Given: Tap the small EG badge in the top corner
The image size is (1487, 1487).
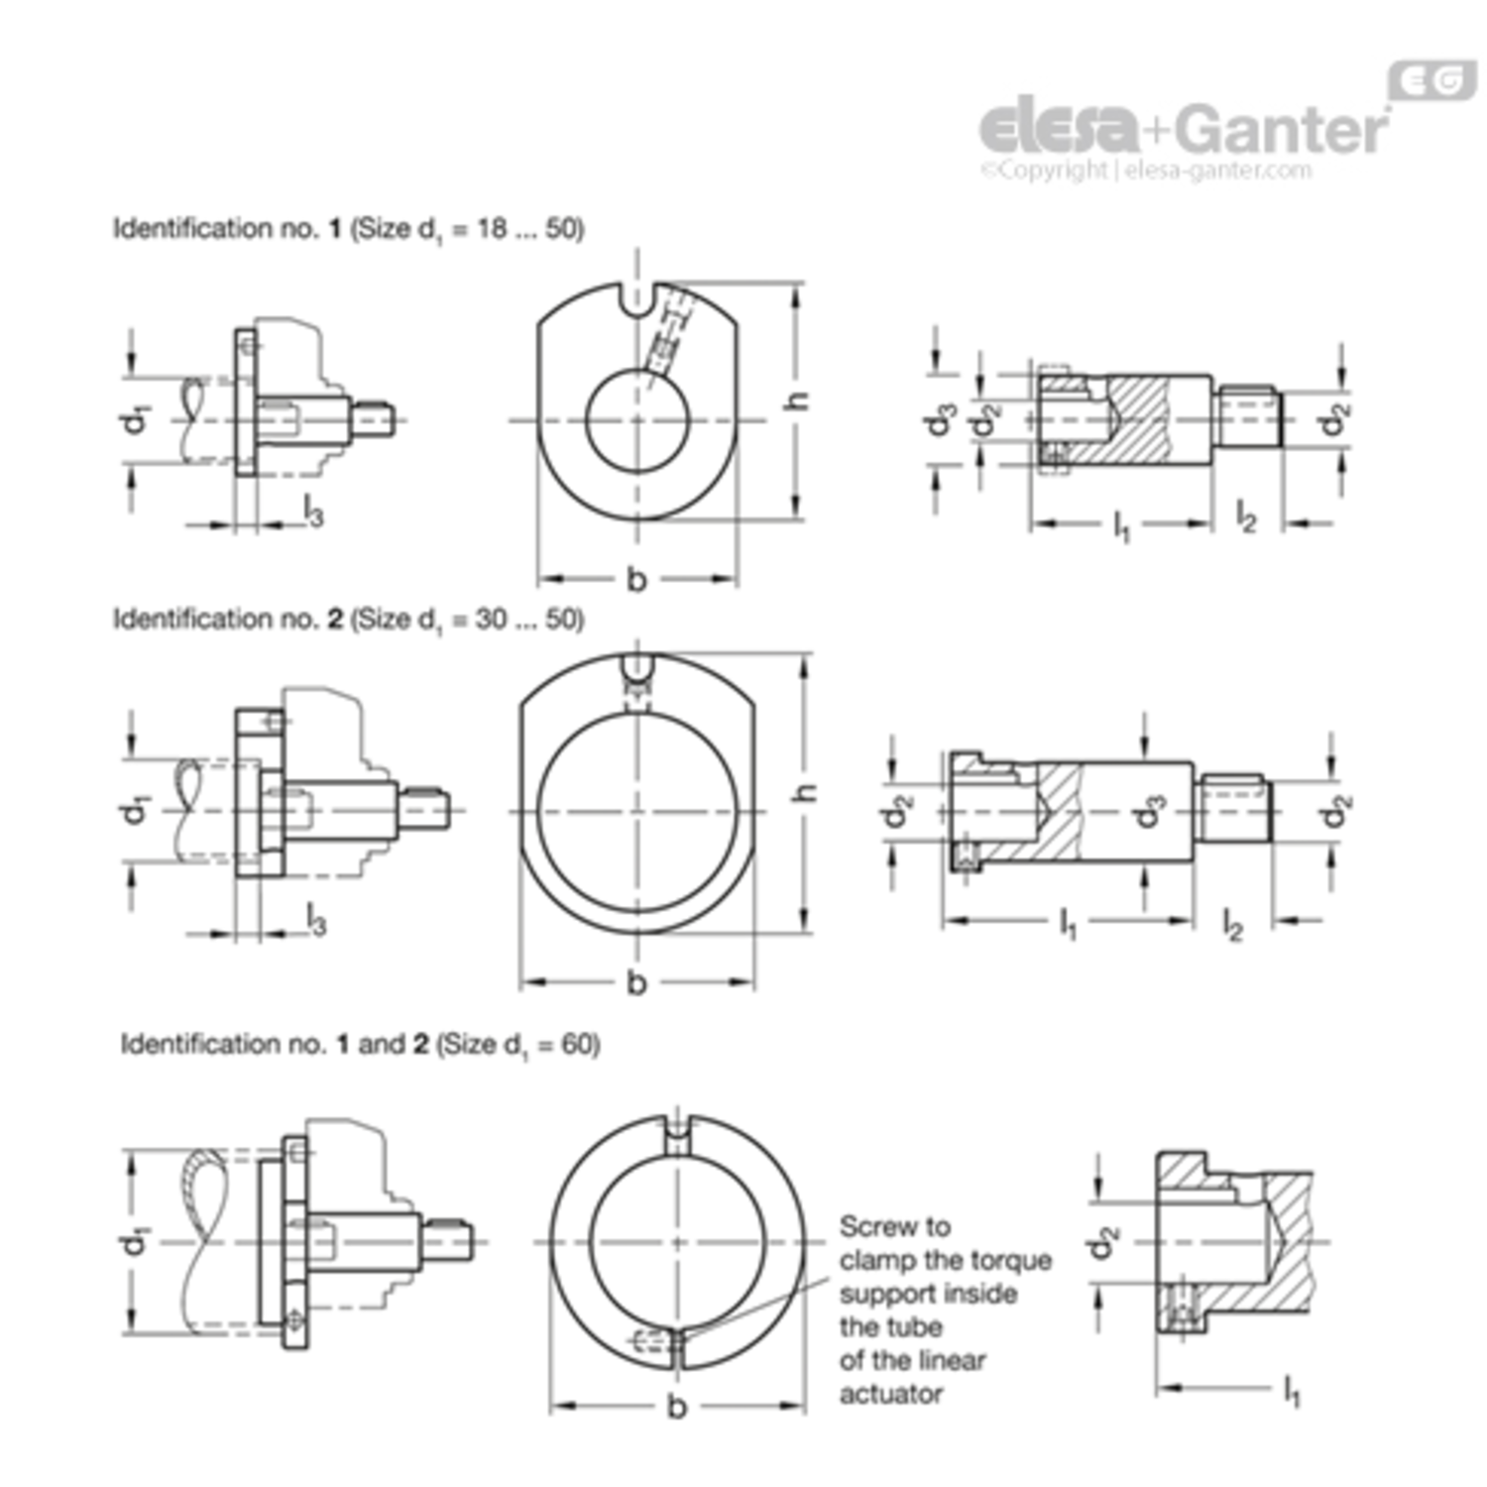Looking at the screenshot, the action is [1432, 81].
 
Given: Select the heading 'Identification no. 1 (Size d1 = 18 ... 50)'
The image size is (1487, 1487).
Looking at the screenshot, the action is [348, 229].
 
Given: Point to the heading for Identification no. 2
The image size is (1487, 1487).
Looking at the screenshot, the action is [348, 620].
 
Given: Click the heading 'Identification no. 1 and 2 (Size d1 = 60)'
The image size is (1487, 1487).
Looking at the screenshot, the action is [360, 1044].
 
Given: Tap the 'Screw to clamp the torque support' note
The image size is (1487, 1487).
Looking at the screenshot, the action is [945, 1310].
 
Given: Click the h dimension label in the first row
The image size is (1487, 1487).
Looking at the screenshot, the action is [796, 400].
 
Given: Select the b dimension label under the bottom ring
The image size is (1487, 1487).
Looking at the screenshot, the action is [677, 1405].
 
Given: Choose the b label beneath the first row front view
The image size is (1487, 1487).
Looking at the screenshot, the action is [636, 578].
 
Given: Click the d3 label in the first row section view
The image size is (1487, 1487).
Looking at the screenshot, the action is [940, 420].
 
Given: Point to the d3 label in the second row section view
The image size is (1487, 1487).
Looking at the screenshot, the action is [1150, 811].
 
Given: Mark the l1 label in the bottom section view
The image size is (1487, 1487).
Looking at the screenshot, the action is [1291, 1390].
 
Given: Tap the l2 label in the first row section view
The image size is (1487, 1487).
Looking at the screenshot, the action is [1246, 516].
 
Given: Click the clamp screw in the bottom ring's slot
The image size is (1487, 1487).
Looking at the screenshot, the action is [655, 1341].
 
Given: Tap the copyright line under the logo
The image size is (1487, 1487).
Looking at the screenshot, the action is [1146, 170].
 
